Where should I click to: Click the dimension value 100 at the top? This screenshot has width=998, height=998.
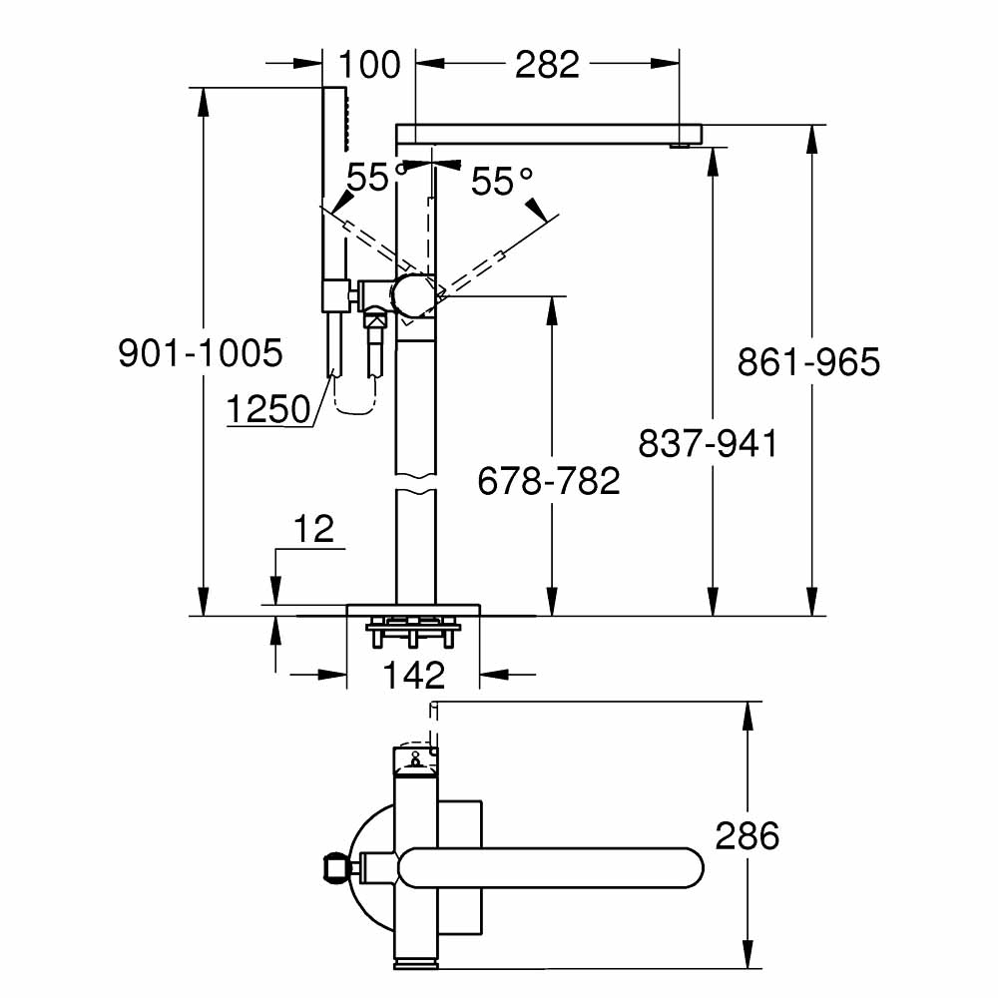click(x=369, y=65)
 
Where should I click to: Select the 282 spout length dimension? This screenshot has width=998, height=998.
click(x=548, y=65)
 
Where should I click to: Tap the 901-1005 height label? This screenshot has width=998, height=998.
click(x=201, y=352)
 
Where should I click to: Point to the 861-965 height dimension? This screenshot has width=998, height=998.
click(x=808, y=362)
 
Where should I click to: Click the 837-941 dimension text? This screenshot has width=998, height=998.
click(x=708, y=444)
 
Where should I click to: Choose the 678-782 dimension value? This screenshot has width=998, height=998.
click(x=549, y=481)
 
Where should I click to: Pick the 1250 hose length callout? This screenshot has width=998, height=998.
click(x=267, y=409)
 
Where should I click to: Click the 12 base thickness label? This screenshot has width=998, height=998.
click(x=314, y=530)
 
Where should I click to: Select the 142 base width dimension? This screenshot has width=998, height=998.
click(x=413, y=676)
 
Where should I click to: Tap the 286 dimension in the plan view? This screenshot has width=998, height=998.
click(x=748, y=835)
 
